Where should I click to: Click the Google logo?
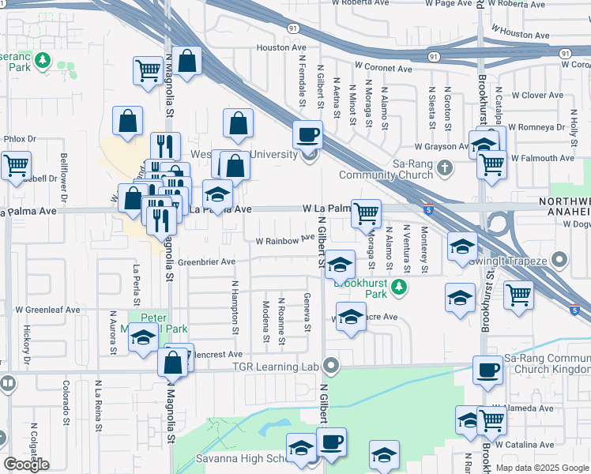pyautogui.click(x=26, y=465)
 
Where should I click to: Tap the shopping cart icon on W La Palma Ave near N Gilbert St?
pyautogui.click(x=366, y=213)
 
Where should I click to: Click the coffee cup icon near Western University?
pyautogui.click(x=307, y=134)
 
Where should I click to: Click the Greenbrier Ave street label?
pyautogui.click(x=206, y=261)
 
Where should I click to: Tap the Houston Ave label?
pyautogui.click(x=275, y=48)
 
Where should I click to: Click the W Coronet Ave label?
pyautogui.click(x=383, y=69)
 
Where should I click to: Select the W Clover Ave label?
pyautogui.click(x=536, y=96)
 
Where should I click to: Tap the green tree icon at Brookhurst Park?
pyautogui.click(x=401, y=286)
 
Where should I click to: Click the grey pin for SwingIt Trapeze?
pyautogui.click(x=559, y=259)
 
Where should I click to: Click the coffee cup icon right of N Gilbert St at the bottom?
pyautogui.click(x=333, y=441)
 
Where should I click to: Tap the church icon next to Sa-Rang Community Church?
pyautogui.click(x=445, y=167)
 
